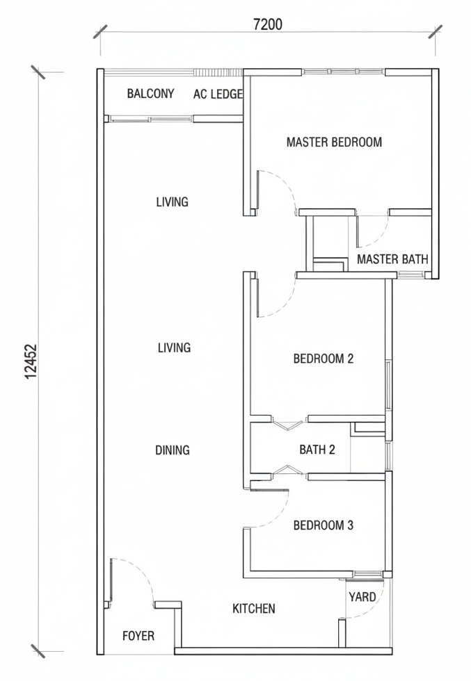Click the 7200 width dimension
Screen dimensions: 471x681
tap(267, 24)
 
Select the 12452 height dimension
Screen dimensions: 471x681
tap(31, 362)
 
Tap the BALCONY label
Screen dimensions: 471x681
tap(150, 93)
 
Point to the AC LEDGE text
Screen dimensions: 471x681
tap(218, 94)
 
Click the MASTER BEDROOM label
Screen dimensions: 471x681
tap(334, 142)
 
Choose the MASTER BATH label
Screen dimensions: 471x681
tap(392, 259)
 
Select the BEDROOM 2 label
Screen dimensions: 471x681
tap(324, 359)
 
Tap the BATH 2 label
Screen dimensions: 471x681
tap(317, 450)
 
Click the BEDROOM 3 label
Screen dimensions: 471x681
tap(324, 525)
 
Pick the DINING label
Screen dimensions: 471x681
tap(173, 450)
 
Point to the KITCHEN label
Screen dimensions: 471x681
tap(253, 609)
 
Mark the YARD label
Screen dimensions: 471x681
tap(362, 597)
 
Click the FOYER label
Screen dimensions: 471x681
tap(138, 637)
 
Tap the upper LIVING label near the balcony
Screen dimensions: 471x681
tap(173, 202)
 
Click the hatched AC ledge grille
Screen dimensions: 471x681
tap(218, 72)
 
